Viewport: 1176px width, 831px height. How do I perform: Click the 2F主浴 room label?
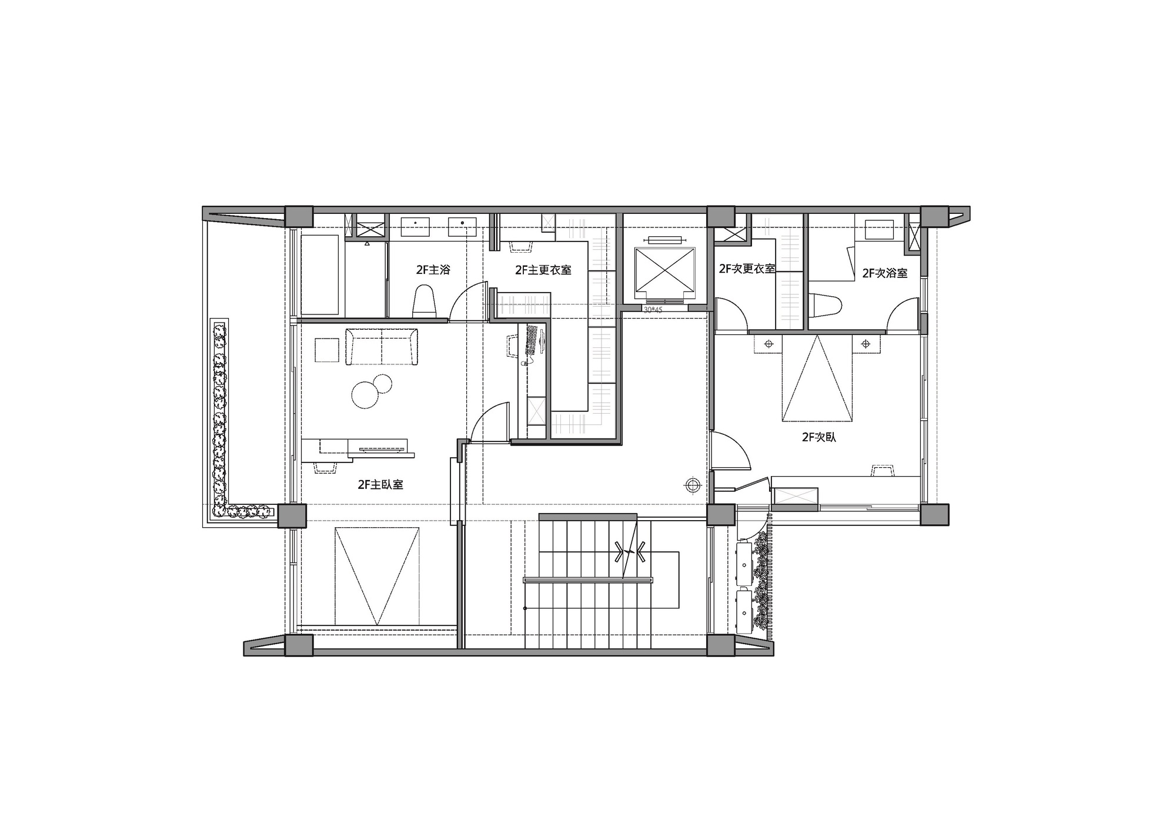click(x=433, y=270)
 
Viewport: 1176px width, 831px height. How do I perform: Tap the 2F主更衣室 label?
click(x=543, y=270)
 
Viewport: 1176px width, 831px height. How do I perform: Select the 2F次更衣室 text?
click(x=747, y=269)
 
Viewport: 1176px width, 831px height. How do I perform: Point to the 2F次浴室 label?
click(x=885, y=273)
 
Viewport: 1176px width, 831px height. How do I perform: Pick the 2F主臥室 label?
click(x=380, y=485)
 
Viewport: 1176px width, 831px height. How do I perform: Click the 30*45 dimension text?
click(x=653, y=309)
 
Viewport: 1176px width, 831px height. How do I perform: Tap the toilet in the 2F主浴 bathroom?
click(x=425, y=301)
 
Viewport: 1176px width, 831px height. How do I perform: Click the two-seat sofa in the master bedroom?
click(x=382, y=347)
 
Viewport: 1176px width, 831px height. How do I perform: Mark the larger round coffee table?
click(x=365, y=394)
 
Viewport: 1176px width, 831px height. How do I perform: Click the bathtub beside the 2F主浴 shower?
click(x=320, y=275)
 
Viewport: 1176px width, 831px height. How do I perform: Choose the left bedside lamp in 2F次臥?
click(x=767, y=344)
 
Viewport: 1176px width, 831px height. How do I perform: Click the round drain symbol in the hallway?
click(x=693, y=485)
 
